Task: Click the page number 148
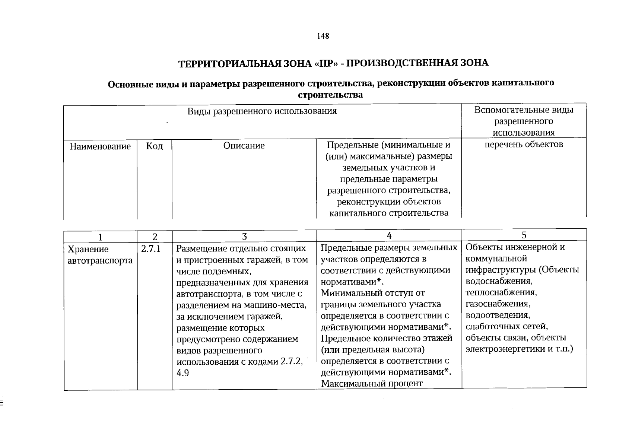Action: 323,36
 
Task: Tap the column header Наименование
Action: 100,146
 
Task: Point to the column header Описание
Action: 244,146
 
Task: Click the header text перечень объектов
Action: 524,144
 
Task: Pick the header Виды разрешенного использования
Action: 262,111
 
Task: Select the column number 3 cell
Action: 244,237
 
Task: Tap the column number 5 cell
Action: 524,235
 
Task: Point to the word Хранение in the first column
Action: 88,249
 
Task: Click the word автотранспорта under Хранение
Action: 100,260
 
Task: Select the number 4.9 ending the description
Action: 182,373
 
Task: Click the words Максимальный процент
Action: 372,383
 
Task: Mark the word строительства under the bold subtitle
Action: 330,95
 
